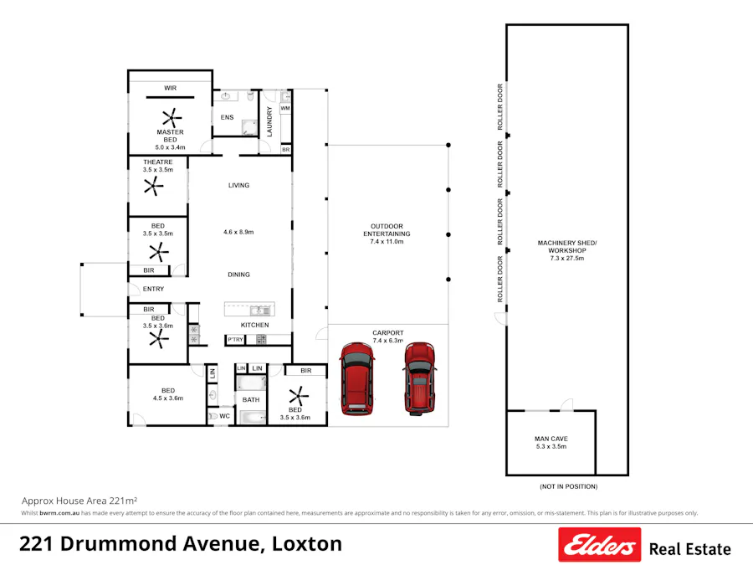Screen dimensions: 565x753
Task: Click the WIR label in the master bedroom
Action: (170, 87)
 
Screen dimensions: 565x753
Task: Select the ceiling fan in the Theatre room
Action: (151, 188)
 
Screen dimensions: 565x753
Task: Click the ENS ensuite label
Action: (227, 117)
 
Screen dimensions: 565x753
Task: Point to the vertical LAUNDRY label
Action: (269, 121)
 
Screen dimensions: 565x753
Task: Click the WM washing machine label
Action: (285, 108)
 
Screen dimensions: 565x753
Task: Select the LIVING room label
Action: (238, 185)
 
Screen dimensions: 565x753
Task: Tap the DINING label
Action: (238, 275)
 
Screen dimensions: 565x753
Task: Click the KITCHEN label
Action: (254, 325)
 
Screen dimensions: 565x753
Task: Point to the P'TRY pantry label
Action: (235, 339)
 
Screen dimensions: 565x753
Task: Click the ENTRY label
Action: (153, 289)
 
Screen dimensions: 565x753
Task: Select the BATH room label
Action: (251, 400)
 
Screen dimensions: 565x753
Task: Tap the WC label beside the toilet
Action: (224, 415)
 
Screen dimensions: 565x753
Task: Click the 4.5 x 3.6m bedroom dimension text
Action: (168, 398)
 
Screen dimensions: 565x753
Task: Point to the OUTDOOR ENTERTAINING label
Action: (387, 234)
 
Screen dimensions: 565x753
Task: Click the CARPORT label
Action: (387, 333)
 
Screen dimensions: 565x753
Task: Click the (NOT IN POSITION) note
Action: (568, 486)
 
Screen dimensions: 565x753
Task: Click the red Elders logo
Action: (599, 544)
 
